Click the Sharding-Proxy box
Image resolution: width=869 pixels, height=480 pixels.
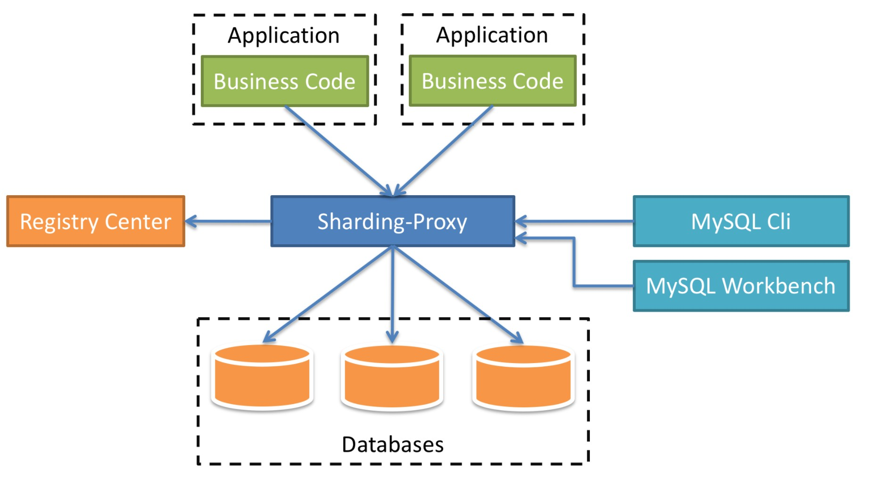(392, 221)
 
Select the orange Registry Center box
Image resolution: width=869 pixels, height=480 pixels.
(96, 221)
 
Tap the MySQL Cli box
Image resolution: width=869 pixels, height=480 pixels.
(741, 221)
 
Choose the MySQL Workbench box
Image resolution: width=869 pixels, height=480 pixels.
(741, 286)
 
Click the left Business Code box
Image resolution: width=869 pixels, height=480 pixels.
(285, 81)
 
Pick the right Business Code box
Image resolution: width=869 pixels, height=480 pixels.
(492, 81)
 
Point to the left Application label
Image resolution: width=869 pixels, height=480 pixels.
(283, 35)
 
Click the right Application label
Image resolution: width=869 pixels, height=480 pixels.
(492, 35)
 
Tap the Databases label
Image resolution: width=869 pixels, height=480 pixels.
(392, 444)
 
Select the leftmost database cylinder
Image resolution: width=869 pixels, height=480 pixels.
(262, 377)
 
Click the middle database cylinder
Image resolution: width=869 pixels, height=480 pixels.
(392, 377)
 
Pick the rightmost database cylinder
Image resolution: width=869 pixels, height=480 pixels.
(523, 377)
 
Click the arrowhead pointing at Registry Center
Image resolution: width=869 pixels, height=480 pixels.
(190, 221)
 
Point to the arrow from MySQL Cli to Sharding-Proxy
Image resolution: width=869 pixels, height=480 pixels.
(575, 221)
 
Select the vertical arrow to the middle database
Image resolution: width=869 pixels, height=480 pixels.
(392, 292)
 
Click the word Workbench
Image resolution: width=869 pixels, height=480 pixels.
(778, 286)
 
